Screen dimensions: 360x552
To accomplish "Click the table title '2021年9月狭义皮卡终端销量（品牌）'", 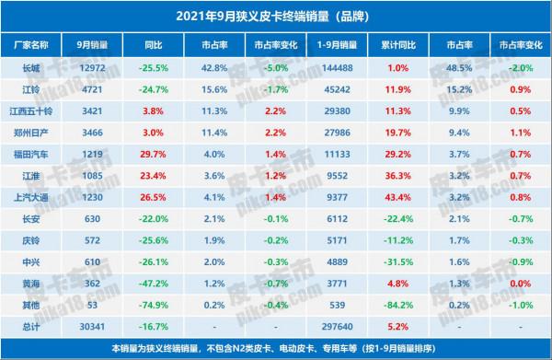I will coord(276,14).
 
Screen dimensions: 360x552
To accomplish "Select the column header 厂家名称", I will coord(33,43).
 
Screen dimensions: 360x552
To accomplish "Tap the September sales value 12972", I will coord(93,68).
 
